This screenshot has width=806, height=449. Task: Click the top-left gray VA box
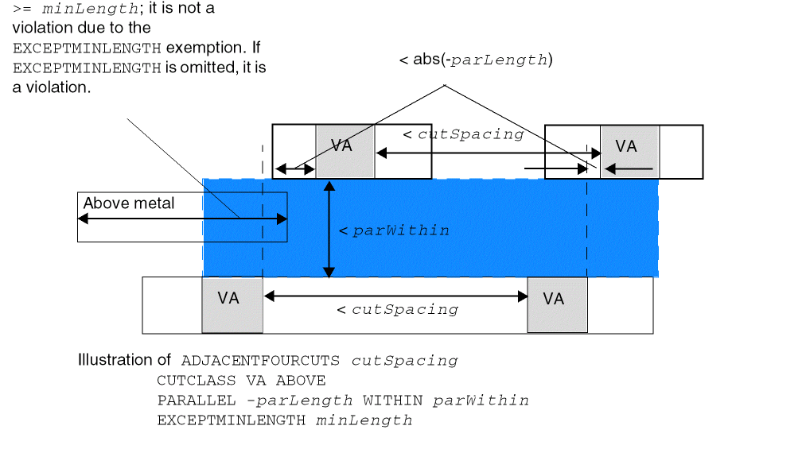coord(345,151)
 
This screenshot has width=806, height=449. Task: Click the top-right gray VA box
coord(629,151)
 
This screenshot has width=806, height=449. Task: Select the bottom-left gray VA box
coord(232,304)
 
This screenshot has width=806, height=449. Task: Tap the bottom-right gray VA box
coord(557,304)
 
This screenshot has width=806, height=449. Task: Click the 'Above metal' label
coord(129,203)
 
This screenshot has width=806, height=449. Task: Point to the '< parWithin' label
coord(394,230)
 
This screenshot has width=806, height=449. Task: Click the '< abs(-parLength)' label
coord(476,60)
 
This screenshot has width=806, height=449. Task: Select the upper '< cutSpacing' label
coord(463,134)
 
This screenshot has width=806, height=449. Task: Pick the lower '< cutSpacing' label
coord(397,310)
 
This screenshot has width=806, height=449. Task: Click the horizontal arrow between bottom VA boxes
coord(396,296)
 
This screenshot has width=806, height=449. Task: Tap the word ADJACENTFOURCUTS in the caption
coord(262,361)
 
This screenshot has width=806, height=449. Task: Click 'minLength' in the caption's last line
coord(364,420)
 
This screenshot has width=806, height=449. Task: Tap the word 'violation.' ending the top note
coord(53,87)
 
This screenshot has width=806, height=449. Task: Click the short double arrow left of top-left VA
coord(295,168)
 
